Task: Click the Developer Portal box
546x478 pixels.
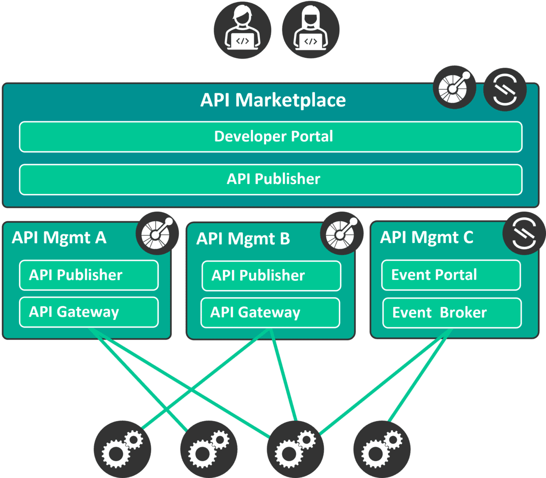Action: (271, 137)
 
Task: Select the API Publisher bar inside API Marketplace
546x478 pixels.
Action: (271, 179)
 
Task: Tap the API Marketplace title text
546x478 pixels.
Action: (273, 100)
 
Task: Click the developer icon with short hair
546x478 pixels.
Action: (243, 30)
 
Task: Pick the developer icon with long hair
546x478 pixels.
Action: (311, 30)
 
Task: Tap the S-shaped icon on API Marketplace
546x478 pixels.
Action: (505, 89)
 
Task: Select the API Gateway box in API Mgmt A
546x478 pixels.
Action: (89, 312)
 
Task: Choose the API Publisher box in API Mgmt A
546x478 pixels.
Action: (89, 275)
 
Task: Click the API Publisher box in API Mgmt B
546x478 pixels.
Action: (271, 275)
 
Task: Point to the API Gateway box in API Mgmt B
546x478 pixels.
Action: (270, 312)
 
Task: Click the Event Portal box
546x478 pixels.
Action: (451, 275)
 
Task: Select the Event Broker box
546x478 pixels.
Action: (452, 313)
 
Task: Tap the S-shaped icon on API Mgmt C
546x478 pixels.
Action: (524, 233)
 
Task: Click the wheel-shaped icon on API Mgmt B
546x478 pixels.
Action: (342, 233)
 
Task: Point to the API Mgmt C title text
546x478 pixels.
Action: (427, 237)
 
